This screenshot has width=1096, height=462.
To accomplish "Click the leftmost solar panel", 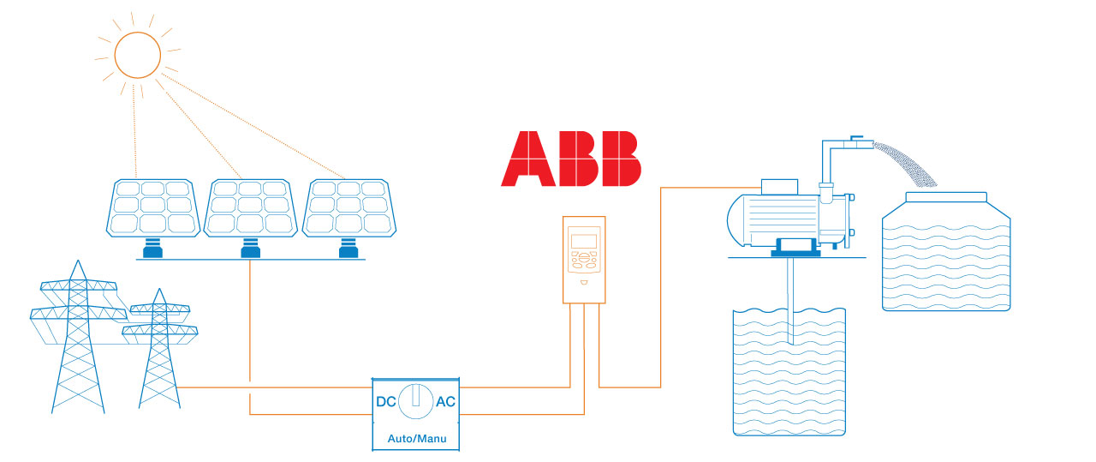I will click(154, 207).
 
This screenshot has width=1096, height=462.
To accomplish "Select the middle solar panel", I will click(250, 207).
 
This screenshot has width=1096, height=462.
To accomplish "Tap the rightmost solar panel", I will click(348, 207).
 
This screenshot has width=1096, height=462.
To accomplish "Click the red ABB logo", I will click(571, 159).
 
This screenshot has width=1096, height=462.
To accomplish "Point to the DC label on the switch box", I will click(386, 401).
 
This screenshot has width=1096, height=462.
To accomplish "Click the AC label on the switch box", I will click(446, 401).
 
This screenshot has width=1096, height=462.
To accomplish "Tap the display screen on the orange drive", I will click(584, 241).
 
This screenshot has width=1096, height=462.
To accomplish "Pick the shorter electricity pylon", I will click(158, 351).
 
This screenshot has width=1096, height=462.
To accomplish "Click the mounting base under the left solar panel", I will click(153, 249).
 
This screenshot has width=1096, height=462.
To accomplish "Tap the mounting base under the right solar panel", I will click(347, 249).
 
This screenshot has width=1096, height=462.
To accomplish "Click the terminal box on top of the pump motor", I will click(779, 184).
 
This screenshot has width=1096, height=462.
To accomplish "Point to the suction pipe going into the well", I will click(789, 300).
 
